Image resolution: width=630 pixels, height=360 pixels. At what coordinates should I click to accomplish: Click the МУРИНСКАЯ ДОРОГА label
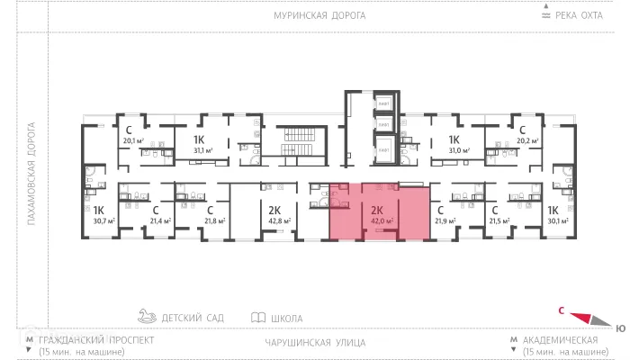pos(315,16)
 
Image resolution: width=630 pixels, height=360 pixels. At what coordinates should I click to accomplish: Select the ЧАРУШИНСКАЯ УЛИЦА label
pos(315,342)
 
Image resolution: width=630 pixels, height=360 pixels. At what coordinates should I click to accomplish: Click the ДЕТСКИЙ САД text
pos(192,318)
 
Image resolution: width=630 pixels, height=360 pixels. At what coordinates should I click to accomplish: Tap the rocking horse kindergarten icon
pos(146,317)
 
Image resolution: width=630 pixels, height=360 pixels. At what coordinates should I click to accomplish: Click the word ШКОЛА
pos(286,318)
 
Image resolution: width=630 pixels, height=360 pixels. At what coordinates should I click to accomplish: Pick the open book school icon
pos(258,318)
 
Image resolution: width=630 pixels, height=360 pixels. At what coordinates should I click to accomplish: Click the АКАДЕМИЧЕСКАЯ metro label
pos(560,340)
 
